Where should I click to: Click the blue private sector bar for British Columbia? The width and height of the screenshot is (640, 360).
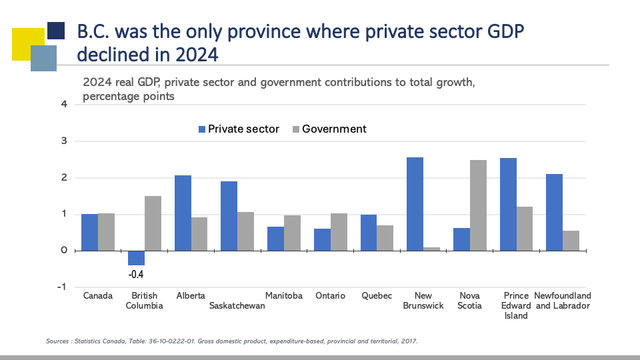[136, 258]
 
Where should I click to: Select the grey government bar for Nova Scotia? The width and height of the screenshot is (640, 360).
[478, 205]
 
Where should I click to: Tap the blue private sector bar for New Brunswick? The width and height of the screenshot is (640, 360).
[415, 204]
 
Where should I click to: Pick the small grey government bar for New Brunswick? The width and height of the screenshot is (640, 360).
[431, 249]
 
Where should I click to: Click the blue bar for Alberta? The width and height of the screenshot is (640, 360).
[183, 213]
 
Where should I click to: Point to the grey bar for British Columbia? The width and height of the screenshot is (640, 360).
[153, 223]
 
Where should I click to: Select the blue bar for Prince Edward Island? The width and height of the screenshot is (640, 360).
[508, 204]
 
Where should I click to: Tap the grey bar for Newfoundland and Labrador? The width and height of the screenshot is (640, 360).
[571, 241]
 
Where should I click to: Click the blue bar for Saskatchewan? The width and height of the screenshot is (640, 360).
[229, 216]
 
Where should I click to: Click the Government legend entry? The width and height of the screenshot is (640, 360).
[334, 129]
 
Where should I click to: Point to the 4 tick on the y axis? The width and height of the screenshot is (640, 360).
[64, 104]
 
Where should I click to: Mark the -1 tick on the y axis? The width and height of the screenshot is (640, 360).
[62, 287]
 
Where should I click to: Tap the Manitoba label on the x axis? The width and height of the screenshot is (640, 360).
[284, 296]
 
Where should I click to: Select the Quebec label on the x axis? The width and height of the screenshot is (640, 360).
[377, 296]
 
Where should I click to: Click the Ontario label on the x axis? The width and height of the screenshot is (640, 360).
[331, 296]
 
